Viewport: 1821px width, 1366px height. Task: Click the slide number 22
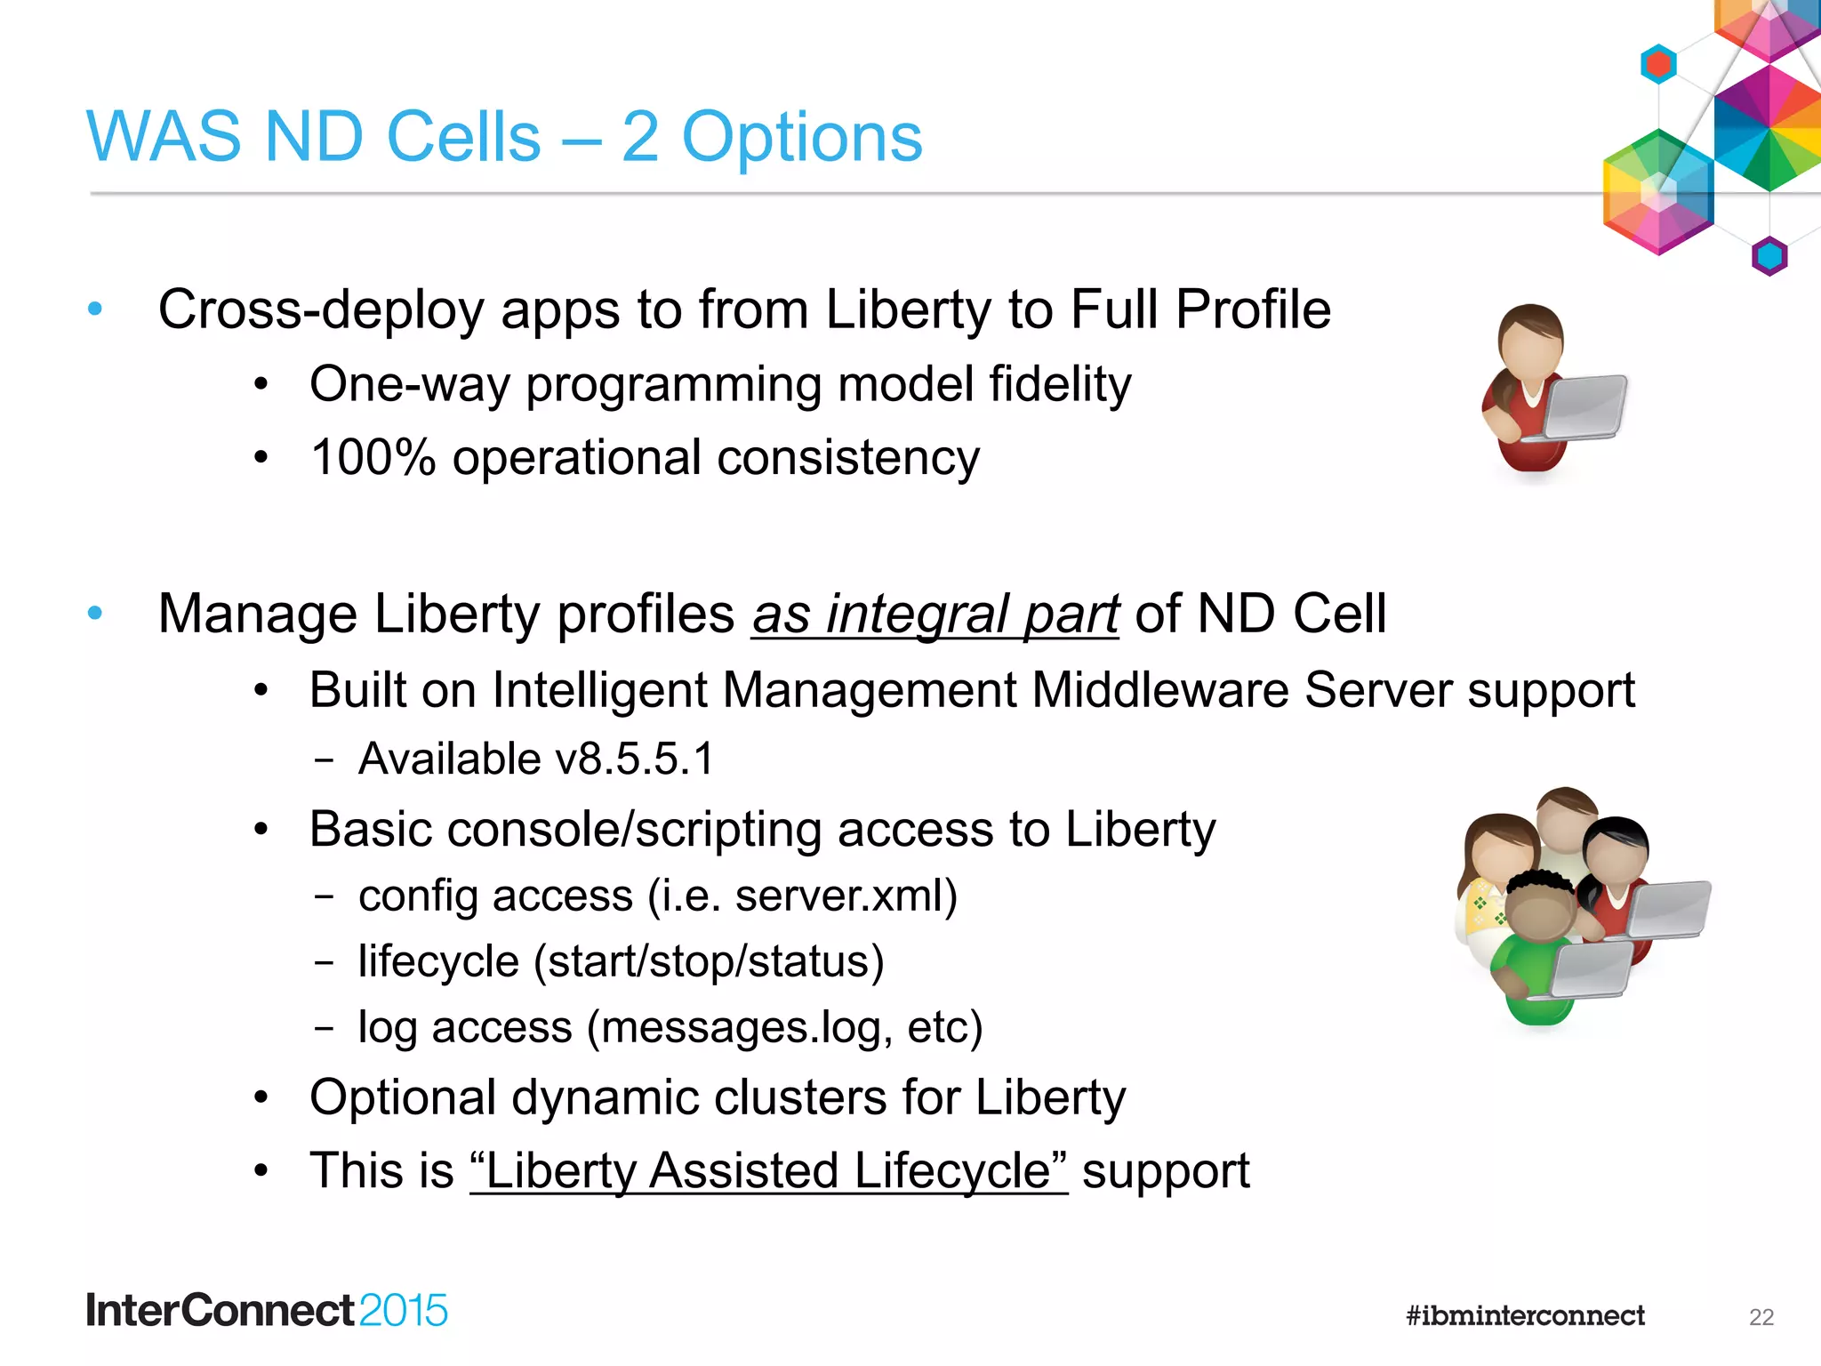[x=1761, y=1317]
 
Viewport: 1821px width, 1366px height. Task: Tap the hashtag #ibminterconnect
[x=1525, y=1315]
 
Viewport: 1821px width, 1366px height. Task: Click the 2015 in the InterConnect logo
[x=404, y=1311]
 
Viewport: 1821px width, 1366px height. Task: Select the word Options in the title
[x=802, y=138]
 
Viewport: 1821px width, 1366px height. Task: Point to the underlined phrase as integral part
[x=935, y=615]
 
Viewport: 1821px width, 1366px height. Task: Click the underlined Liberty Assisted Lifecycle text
[x=768, y=1170]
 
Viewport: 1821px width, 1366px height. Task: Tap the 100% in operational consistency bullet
[x=373, y=458]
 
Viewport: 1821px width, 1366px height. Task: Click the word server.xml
[x=846, y=896]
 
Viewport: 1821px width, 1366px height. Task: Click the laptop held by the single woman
[x=1584, y=407]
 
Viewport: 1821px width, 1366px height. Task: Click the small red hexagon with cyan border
[x=1658, y=64]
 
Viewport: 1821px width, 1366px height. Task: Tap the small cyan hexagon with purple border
[x=1769, y=256]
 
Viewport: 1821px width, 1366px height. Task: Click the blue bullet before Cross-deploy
[x=95, y=309]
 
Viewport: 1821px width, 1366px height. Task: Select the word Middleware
[x=1159, y=690]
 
